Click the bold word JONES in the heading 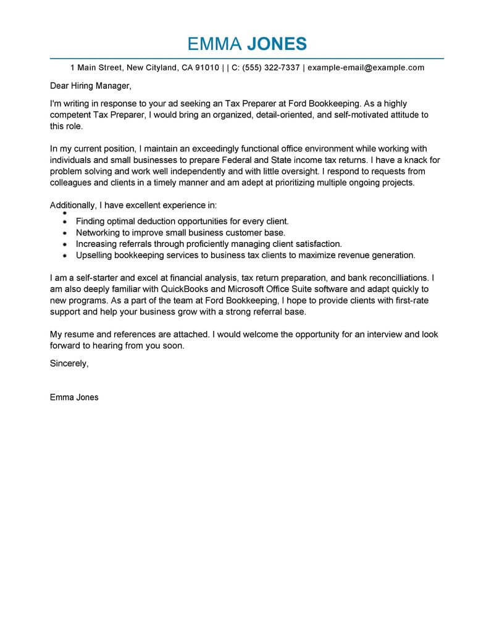(277, 44)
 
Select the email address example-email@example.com (366, 67)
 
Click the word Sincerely (69, 364)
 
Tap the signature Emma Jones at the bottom (74, 397)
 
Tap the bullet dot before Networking (65, 233)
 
